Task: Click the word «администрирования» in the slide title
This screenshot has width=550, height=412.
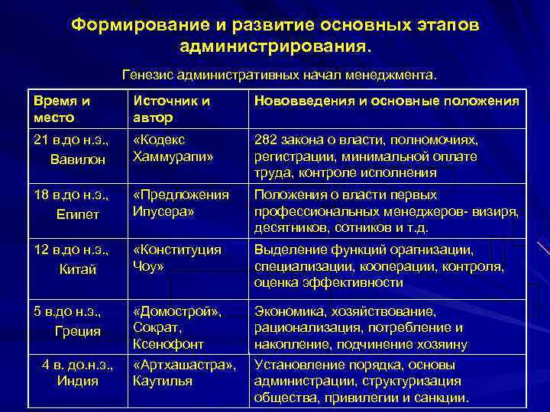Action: (275, 47)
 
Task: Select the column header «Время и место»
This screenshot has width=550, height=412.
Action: (61, 109)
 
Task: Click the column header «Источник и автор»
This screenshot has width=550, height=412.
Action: (171, 109)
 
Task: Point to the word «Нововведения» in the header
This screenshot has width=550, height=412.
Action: (300, 101)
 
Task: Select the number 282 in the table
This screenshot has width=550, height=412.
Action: (265, 140)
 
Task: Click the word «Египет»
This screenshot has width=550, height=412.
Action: (77, 214)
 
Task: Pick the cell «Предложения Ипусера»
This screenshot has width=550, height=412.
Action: (180, 202)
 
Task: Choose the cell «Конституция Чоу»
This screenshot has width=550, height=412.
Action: (176, 257)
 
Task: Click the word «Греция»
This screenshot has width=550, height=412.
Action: (77, 331)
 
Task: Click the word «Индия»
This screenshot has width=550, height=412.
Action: (77, 380)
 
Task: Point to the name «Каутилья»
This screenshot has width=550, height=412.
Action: (162, 380)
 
